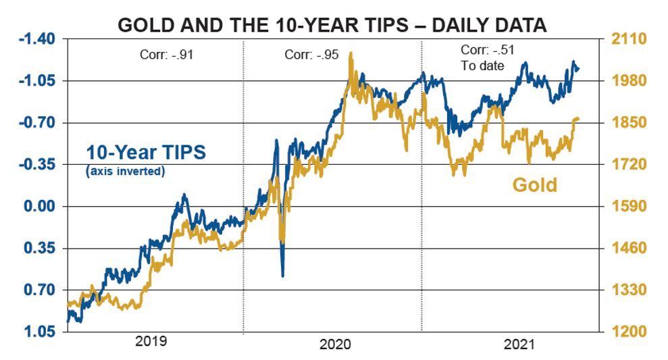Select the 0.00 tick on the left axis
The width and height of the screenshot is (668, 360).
pyautogui.click(x=43, y=207)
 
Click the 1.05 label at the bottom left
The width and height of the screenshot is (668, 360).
pyautogui.click(x=43, y=332)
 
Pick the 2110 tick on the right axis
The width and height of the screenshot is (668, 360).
pyautogui.click(x=629, y=39)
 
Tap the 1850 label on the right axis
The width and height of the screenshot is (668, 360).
pyautogui.click(x=629, y=123)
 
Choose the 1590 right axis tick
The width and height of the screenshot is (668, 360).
pyautogui.click(x=629, y=207)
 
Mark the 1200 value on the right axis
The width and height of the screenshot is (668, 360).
pyautogui.click(x=629, y=332)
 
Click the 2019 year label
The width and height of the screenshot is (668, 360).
pyautogui.click(x=152, y=341)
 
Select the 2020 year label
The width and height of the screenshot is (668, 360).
pyautogui.click(x=334, y=344)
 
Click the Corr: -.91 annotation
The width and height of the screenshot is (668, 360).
pyautogui.click(x=162, y=55)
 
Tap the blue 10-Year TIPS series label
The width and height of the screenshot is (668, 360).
pyautogui.click(x=145, y=153)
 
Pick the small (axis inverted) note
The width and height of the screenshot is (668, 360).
pyautogui.click(x=126, y=171)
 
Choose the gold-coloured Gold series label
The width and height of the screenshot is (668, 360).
pyautogui.click(x=535, y=184)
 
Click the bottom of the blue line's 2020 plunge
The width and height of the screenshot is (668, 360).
pyautogui.click(x=282, y=275)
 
